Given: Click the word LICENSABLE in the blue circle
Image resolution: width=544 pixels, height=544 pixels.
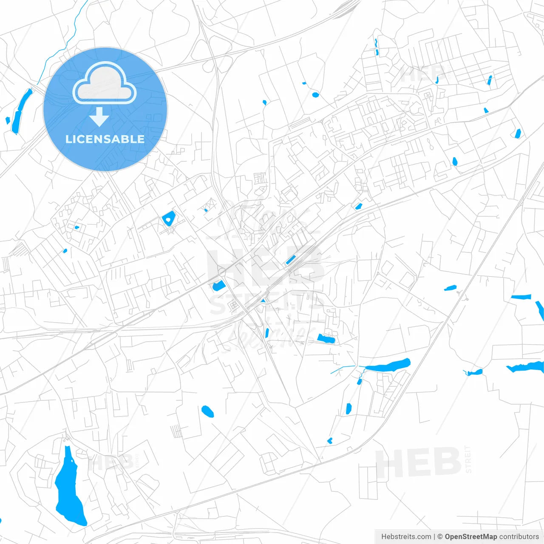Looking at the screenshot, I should click(105, 139).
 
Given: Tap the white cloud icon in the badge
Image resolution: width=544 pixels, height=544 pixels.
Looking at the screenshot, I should click(105, 84).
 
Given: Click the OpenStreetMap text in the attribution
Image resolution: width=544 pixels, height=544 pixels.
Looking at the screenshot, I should click(470, 537).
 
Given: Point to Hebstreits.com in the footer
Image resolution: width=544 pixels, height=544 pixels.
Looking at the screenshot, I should click(406, 537).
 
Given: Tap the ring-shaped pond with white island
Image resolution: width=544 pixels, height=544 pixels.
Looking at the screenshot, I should click(169, 219).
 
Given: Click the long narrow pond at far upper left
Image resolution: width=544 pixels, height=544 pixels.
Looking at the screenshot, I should click(21, 110).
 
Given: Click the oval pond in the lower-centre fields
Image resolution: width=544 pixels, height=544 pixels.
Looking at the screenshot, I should click(207, 411).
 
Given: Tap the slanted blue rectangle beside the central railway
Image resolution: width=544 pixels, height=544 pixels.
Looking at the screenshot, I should click(291, 259).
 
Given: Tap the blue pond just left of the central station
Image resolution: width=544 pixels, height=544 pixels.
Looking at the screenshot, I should click(219, 286).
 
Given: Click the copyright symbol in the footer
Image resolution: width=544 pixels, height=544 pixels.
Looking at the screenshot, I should click(440, 537).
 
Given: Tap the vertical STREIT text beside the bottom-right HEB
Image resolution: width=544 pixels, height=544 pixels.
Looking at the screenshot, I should click(468, 459).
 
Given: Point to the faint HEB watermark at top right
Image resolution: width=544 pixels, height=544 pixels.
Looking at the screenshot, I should click(421, 74).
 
